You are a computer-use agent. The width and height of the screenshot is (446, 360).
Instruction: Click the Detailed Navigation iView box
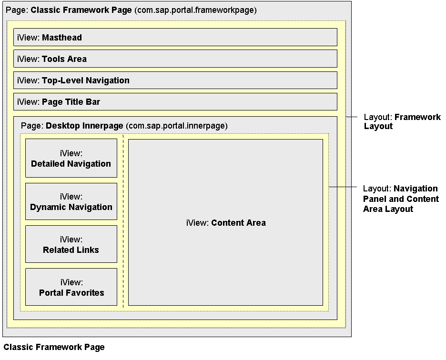pyautogui.click(x=71, y=158)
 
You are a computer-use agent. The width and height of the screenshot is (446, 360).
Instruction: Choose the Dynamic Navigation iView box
pyautogui.click(x=71, y=201)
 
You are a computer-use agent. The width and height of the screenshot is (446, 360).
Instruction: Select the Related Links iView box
pyautogui.click(x=71, y=244)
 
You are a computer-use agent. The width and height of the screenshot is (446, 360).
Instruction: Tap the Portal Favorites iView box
pyautogui.click(x=71, y=287)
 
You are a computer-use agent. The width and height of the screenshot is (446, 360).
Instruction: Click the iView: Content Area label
pyautogui.click(x=226, y=223)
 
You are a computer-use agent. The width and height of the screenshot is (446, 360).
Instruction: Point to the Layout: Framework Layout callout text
pyautogui.click(x=402, y=121)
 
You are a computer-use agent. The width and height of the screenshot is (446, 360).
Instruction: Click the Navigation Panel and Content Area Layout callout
pyautogui.click(x=400, y=199)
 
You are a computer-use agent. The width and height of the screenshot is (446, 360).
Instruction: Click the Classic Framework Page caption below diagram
pyautogui.click(x=54, y=347)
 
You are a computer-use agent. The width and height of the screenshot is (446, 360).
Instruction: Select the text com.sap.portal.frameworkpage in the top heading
pyautogui.click(x=195, y=10)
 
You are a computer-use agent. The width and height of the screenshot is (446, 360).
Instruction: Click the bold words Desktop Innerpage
pyautogui.click(x=84, y=126)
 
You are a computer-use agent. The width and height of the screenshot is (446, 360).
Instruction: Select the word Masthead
pyautogui.click(x=62, y=38)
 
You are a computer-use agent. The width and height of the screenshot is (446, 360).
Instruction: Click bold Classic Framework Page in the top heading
pyautogui.click(x=81, y=10)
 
